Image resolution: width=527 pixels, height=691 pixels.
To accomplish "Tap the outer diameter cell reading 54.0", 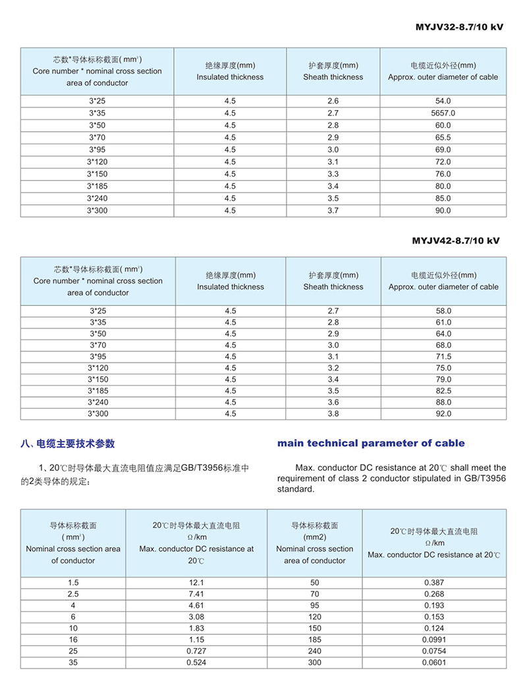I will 443,101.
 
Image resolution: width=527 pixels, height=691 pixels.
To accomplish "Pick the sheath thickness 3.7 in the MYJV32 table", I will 333,211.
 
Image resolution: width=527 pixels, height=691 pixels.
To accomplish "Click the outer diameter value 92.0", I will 443,414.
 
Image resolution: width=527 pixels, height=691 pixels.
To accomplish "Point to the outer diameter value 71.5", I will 443,356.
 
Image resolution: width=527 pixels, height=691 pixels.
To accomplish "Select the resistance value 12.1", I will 196,583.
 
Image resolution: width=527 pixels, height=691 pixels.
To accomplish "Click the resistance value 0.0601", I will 434,663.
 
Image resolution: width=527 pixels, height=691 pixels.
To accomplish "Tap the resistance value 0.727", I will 196,651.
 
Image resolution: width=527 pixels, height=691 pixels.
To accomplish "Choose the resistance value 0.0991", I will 434,640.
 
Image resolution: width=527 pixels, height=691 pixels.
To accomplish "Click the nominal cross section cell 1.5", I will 73,583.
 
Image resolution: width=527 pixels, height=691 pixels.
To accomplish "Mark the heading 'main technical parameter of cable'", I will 371,443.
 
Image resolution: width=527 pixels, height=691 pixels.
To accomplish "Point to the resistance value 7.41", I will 196,594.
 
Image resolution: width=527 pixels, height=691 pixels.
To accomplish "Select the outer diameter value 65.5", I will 443,138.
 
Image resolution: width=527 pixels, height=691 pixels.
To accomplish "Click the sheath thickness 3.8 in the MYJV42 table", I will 333,414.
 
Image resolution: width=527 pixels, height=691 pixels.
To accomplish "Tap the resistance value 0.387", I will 434,583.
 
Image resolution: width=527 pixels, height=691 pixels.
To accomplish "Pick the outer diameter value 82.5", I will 443,391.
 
